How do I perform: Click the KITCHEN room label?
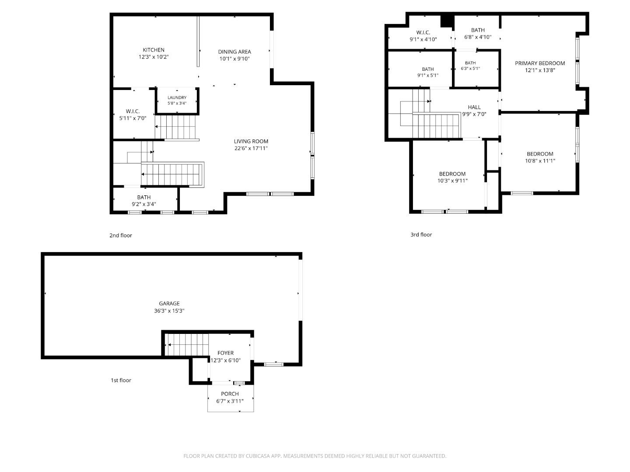click(x=154, y=50)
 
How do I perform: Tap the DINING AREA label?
click(x=234, y=52)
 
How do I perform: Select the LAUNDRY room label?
click(x=177, y=98)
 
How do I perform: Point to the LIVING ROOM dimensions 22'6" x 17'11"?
click(x=251, y=148)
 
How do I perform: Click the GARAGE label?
click(x=169, y=303)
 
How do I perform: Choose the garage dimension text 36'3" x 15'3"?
click(x=169, y=311)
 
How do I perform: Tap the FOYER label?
click(x=226, y=353)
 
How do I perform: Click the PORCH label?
click(x=230, y=394)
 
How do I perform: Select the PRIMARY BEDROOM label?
click(x=540, y=63)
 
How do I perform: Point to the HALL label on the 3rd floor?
click(x=474, y=107)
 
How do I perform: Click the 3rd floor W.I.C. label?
click(x=423, y=32)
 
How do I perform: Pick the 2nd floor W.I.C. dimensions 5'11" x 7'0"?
click(x=133, y=118)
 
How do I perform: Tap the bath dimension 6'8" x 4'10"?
click(x=478, y=37)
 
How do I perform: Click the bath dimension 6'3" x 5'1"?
click(x=470, y=69)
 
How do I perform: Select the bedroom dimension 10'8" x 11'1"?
click(x=540, y=161)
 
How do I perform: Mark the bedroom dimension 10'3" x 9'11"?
click(x=452, y=181)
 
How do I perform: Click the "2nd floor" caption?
click(x=121, y=235)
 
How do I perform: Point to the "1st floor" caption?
click(x=121, y=380)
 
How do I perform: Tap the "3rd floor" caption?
click(x=421, y=235)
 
